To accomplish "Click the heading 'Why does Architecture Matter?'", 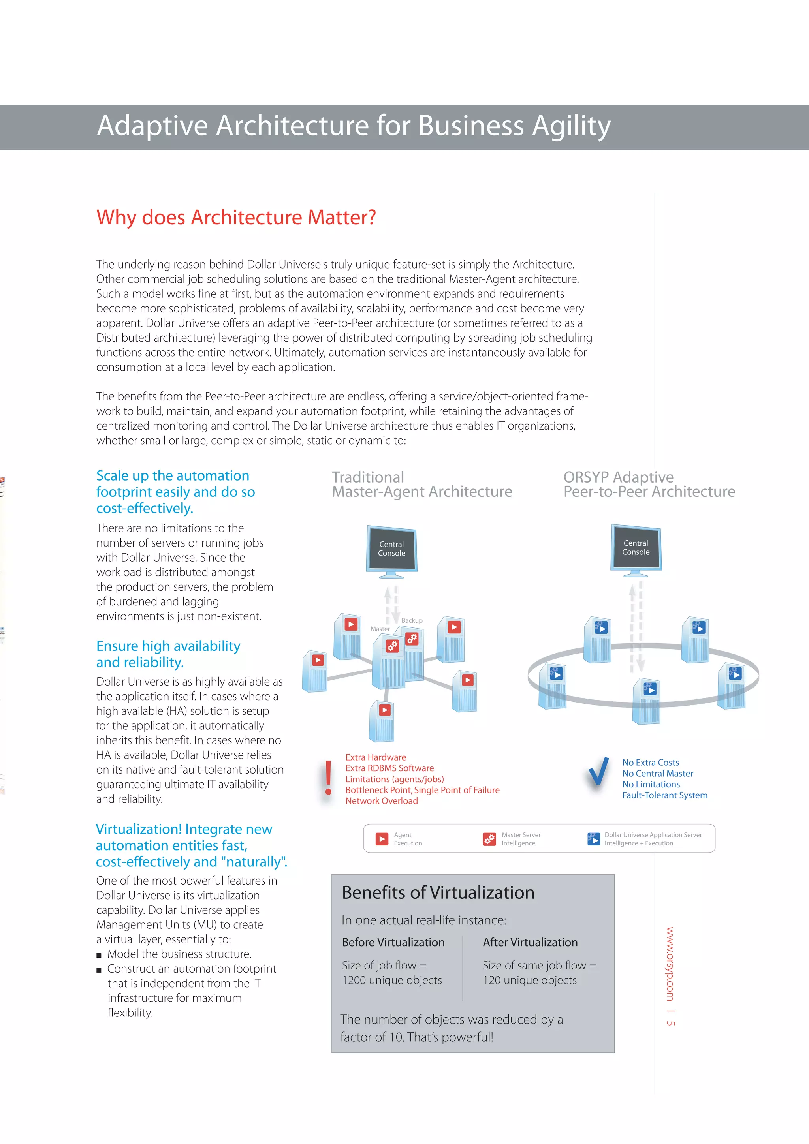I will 236,218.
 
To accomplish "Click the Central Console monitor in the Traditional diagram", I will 391,550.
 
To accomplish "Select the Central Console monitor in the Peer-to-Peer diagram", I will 636,548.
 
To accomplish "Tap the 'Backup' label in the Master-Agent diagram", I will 412,620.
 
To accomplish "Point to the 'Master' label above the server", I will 380,629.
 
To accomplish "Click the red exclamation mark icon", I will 328,778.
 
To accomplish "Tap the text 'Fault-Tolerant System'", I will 664,795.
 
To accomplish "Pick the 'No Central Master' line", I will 657,773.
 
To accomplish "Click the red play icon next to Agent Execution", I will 382,839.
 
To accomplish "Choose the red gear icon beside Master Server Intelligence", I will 489,839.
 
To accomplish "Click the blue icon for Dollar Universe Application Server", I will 593,839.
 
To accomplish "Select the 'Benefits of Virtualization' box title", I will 438,893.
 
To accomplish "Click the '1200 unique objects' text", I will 392,980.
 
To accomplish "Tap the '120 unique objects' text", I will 529,980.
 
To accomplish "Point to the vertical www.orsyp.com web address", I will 670,964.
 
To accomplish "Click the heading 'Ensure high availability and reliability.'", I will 168,654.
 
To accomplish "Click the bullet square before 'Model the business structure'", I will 99,955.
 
